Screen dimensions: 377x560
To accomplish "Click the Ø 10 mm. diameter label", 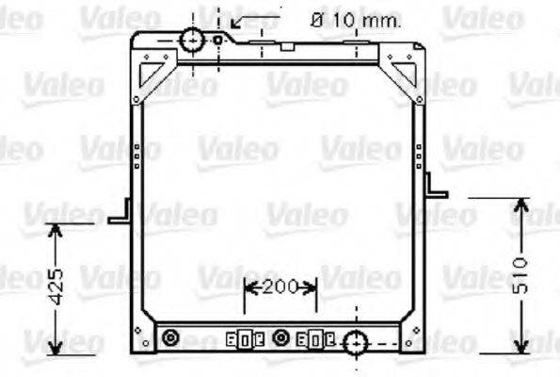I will (355, 19).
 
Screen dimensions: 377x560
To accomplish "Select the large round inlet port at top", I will (193, 41).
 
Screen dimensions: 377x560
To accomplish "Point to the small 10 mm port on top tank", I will (218, 41).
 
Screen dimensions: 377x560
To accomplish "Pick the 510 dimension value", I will (524, 273).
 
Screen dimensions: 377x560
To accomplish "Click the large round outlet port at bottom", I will (356, 343).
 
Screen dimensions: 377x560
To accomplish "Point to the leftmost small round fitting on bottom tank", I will (170, 337).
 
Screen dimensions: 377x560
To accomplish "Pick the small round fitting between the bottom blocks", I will (280, 337).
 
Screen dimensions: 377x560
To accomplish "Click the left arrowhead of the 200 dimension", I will (248, 287).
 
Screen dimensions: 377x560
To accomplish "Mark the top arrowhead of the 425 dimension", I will (56, 229).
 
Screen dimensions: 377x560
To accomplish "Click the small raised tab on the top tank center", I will (284, 44).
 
